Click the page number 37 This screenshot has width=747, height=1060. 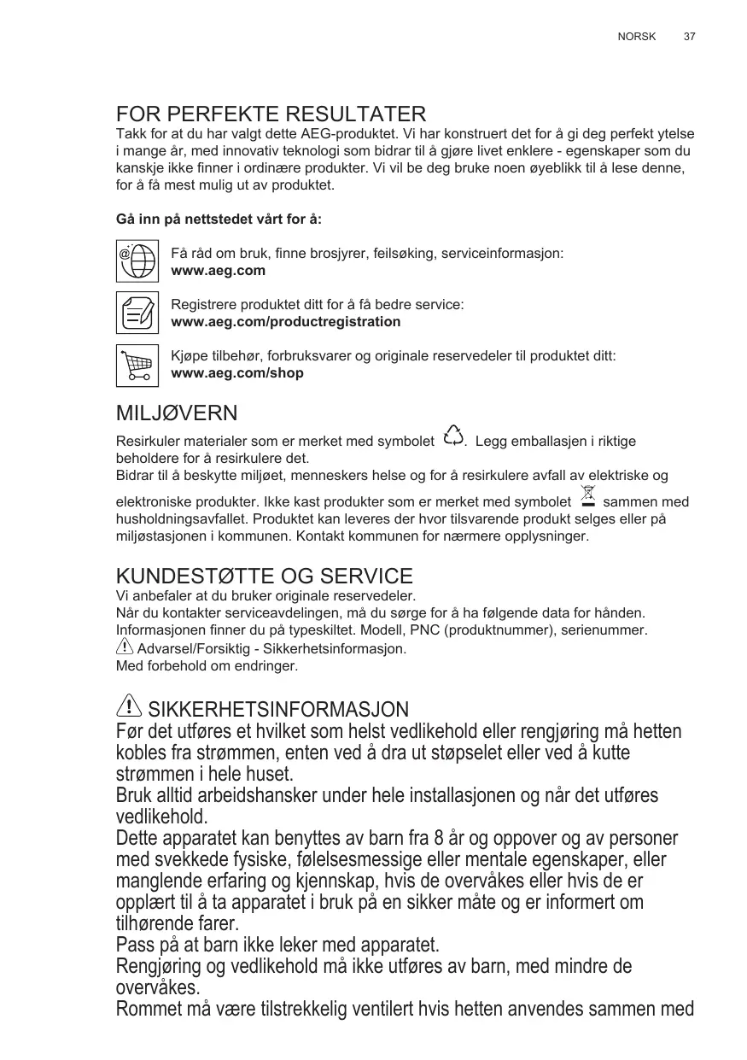pos(689,37)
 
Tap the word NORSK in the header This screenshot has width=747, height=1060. pos(636,37)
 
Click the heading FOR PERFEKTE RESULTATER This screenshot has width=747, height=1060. pos(271,114)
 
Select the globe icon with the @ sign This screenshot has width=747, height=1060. pos(137,260)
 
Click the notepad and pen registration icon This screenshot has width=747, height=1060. pos(137,312)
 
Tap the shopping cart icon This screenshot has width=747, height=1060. pos(137,365)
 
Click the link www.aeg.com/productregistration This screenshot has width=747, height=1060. pos(286,322)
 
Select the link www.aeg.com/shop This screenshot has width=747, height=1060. pos(237,373)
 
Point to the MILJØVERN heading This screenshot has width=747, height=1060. pos(176,414)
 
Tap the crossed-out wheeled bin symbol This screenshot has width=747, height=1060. pos(587,496)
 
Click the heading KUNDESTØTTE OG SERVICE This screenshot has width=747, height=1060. pos(264,576)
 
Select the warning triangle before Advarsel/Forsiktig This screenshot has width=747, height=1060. pos(125,647)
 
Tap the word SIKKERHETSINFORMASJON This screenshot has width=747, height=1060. pos(278,710)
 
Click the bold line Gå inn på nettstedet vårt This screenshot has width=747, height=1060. pos(219,220)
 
